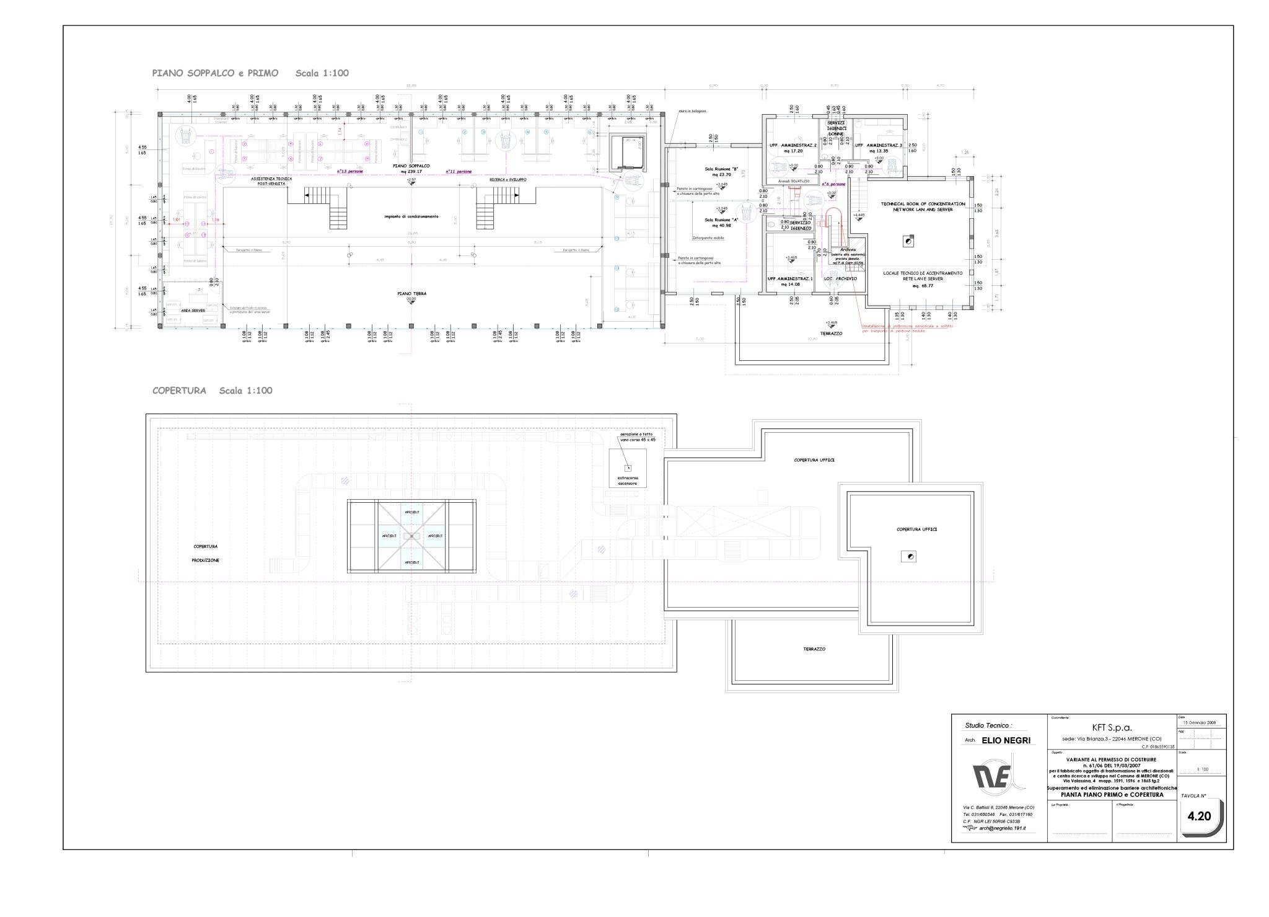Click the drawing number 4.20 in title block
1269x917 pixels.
pyautogui.click(x=1199, y=816)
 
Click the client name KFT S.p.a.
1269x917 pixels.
pyautogui.click(x=1111, y=728)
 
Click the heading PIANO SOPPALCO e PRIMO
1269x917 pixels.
pyautogui.click(x=215, y=73)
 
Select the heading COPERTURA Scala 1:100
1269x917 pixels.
pyautogui.click(x=212, y=391)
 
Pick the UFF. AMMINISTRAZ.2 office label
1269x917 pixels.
pyautogui.click(x=793, y=148)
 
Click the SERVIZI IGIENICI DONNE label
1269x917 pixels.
pyautogui.click(x=836, y=128)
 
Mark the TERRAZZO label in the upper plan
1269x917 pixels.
pyautogui.click(x=832, y=333)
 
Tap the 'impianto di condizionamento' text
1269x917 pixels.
pyautogui.click(x=411, y=216)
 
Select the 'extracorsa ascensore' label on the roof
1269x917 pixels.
pyautogui.click(x=627, y=481)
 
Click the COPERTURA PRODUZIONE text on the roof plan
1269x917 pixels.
pyautogui.click(x=205, y=553)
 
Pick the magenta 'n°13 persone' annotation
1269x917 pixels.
pyautogui.click(x=349, y=171)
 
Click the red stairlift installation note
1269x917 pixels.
pyautogui.click(x=907, y=328)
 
